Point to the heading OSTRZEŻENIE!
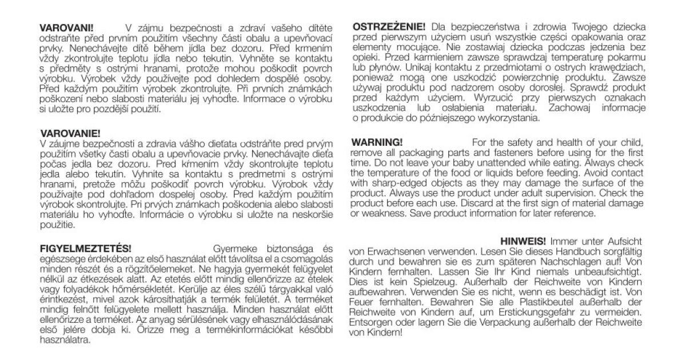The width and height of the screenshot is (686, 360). pyautogui.click(x=389, y=27)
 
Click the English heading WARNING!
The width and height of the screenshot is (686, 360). pyautogui.click(x=377, y=142)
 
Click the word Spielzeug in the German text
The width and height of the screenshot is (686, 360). pyautogui.click(x=426, y=282)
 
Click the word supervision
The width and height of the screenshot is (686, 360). pyautogui.click(x=573, y=194)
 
